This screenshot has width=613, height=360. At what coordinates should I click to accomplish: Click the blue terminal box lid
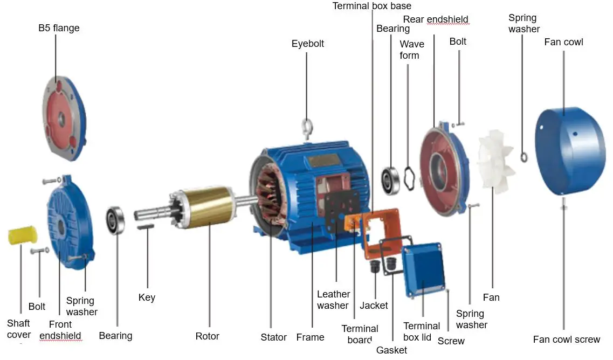pyautogui.click(x=424, y=268)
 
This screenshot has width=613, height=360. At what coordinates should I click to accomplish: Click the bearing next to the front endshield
pyautogui.click(x=115, y=220)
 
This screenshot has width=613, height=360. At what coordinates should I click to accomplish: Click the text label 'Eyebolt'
pyautogui.click(x=308, y=44)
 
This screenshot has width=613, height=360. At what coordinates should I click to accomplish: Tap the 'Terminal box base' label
pyautogui.click(x=371, y=6)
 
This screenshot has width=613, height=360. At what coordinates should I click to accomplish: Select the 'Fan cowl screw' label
pyautogui.click(x=566, y=340)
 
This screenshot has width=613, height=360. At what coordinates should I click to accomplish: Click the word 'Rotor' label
pyautogui.click(x=207, y=336)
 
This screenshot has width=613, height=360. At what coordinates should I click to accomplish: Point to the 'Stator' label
pyautogui.click(x=273, y=337)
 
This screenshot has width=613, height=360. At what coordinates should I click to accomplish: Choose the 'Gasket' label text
pyautogui.click(x=391, y=350)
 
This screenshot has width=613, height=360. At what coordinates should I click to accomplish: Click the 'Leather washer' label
pyautogui.click(x=333, y=300)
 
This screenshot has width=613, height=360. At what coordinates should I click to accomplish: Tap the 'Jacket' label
pyautogui.click(x=374, y=306)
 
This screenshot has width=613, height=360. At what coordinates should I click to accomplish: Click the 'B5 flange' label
pyautogui.click(x=59, y=28)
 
